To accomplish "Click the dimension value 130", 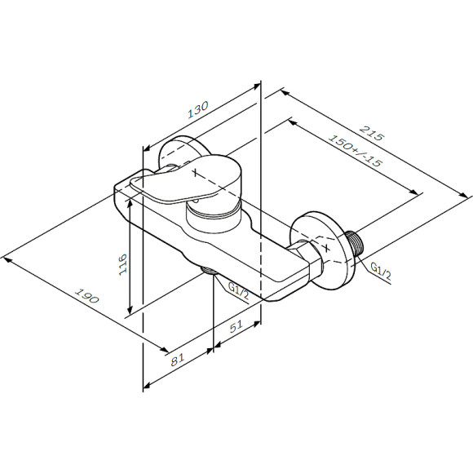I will (198, 109).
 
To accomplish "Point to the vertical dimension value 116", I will (122, 266).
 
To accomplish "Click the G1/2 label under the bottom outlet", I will (238, 290).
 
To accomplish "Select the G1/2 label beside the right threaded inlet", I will (381, 269).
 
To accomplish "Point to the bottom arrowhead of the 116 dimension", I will (129, 313).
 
